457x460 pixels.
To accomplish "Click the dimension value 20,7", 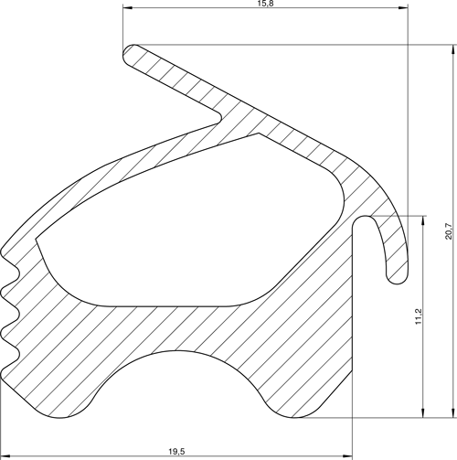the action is tap(449, 231).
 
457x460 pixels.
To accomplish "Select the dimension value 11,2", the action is tap(419, 316).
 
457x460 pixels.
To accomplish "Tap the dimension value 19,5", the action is tap(177, 452).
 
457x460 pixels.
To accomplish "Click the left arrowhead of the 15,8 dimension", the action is tap(127, 8).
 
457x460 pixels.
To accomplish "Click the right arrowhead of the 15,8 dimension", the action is tap(403, 8).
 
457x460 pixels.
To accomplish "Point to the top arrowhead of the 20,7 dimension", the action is tap(454, 49).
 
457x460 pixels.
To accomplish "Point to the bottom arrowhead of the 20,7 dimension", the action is tap(454, 413).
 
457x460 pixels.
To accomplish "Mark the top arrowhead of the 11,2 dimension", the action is tap(423, 220).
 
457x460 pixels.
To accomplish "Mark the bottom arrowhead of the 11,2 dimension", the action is tap(423, 413).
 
